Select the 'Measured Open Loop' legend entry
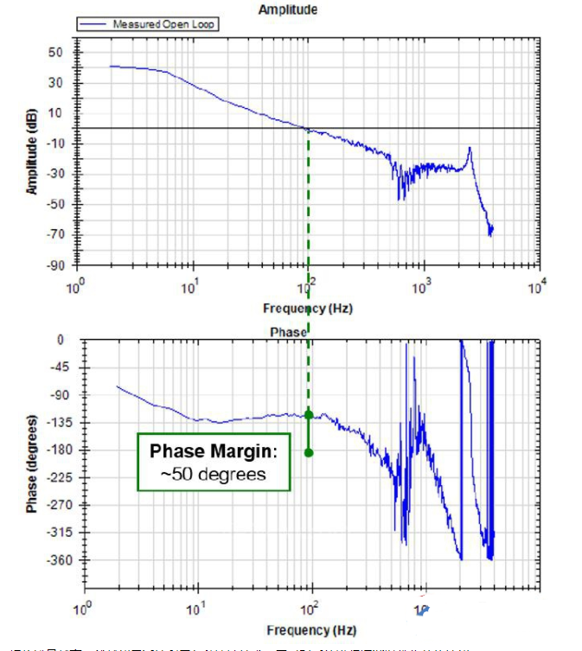pyautogui.click(x=163, y=24)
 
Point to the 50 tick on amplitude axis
pyautogui.click(x=58, y=52)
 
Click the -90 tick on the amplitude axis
pyautogui.click(x=55, y=265)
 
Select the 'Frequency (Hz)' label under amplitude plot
pyautogui.click(x=308, y=308)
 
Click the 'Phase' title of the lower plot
pyautogui.click(x=290, y=331)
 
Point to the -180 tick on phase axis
pyautogui.click(x=62, y=450)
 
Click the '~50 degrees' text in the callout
pyautogui.click(x=214, y=474)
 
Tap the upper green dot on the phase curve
pyautogui.click(x=309, y=415)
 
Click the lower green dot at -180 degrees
pyautogui.click(x=309, y=452)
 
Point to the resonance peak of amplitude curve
pyautogui.click(x=469, y=149)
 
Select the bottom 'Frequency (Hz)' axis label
pyautogui.click(x=310, y=630)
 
